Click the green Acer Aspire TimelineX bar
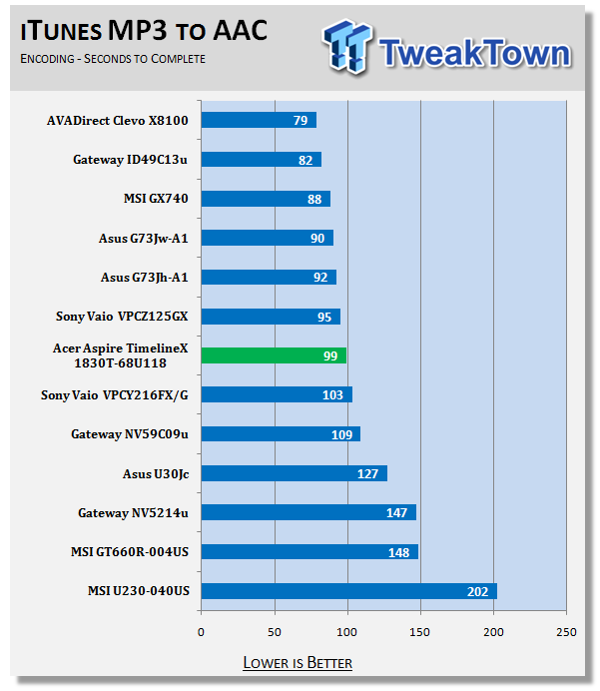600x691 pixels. (x=274, y=355)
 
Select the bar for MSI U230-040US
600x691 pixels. (x=348, y=591)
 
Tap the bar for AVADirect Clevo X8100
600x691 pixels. (x=259, y=120)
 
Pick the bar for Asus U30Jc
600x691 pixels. (x=294, y=473)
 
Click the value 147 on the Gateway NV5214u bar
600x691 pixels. (x=396, y=512)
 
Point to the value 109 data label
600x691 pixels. (x=341, y=434)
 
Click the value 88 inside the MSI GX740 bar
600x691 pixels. (x=314, y=199)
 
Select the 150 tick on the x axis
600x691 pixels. (x=420, y=632)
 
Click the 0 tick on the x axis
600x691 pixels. (x=201, y=632)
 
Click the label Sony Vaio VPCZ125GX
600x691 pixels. (x=122, y=317)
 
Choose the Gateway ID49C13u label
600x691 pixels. (x=130, y=159)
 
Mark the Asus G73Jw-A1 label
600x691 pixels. (x=144, y=238)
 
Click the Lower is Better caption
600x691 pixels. (x=298, y=663)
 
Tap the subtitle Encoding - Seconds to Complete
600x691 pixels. (x=113, y=59)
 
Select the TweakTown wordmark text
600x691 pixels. (x=475, y=53)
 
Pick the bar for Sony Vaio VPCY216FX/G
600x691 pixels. (x=277, y=394)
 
